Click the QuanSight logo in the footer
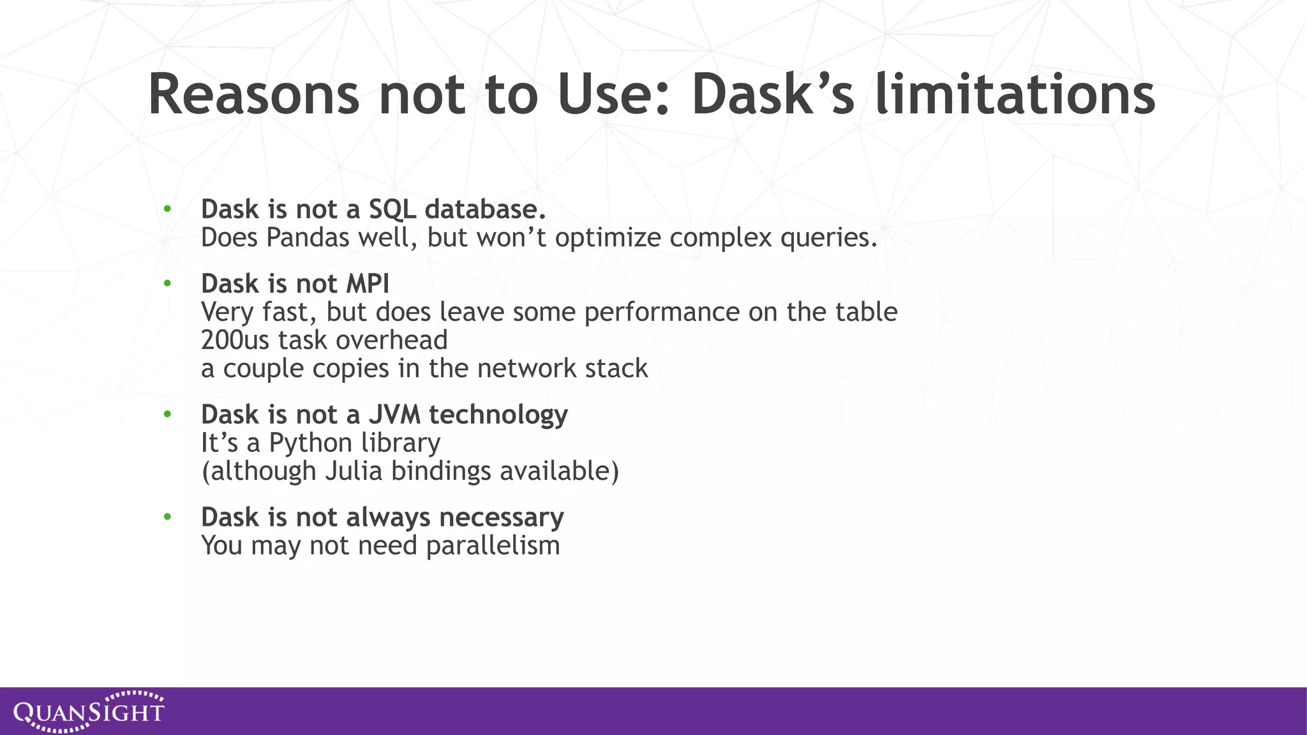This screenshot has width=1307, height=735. coord(89,711)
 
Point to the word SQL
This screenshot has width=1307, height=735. coord(392,209)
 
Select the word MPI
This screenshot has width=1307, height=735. coord(367,284)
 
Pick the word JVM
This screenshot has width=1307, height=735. coord(394,415)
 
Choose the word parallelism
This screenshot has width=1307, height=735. coord(493,546)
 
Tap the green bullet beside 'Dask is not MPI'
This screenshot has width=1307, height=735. coord(167,283)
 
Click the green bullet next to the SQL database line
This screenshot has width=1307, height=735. coord(167,209)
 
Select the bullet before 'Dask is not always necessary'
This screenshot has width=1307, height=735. coord(167,517)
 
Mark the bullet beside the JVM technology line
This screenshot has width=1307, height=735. coord(167,415)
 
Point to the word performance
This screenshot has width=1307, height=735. coord(662,312)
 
